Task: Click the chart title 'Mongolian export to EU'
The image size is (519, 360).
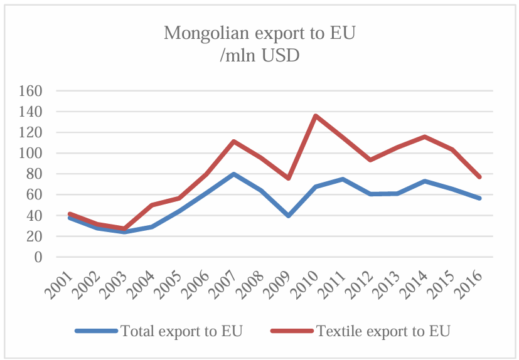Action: tap(259, 33)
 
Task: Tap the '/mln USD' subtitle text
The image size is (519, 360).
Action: tap(259, 56)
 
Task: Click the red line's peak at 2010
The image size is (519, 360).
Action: tap(315, 115)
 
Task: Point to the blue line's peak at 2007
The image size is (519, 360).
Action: tap(233, 174)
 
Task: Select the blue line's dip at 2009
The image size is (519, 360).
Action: tap(288, 215)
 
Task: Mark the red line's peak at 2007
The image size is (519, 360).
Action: tap(233, 141)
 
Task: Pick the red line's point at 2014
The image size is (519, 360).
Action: tap(425, 137)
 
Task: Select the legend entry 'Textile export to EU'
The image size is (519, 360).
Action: tap(383, 330)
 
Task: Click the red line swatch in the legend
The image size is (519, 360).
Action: tap(291, 331)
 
